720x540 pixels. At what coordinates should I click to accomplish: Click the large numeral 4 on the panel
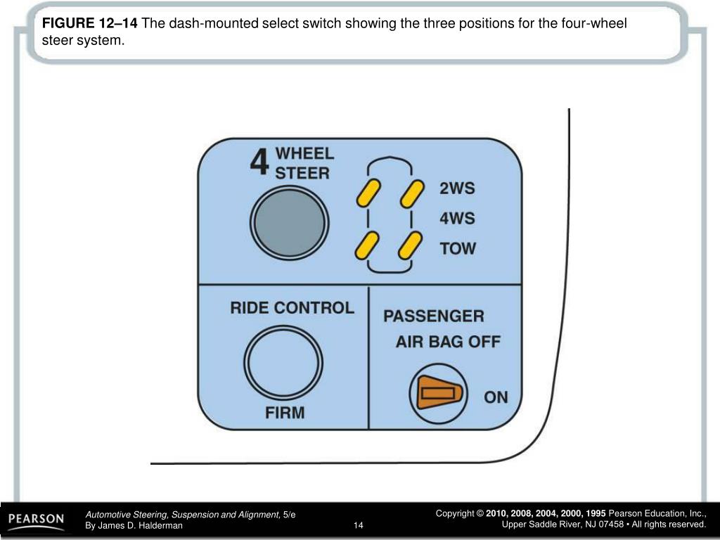pos(259,162)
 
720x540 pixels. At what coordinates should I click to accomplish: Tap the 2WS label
pos(457,189)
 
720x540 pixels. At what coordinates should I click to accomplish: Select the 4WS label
pos(457,219)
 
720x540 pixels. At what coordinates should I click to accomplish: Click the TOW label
pos(458,248)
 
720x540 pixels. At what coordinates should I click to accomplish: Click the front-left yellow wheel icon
pos(368,193)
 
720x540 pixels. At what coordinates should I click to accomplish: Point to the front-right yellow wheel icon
pos(412,193)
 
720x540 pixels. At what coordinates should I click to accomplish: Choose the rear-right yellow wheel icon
pos(410,245)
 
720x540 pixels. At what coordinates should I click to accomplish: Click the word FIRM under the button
pos(285,413)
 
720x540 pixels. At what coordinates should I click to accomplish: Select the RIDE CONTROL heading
pos(292,308)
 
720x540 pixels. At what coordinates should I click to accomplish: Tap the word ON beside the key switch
pos(496,397)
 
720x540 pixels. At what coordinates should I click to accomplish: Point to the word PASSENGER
pos(433,316)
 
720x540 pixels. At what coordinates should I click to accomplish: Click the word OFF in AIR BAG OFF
pos(484,342)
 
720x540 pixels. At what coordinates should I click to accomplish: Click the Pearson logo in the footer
pos(36,520)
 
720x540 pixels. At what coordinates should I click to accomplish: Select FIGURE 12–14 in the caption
pos(89,24)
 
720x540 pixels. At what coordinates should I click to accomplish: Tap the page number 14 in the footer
pos(358,525)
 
